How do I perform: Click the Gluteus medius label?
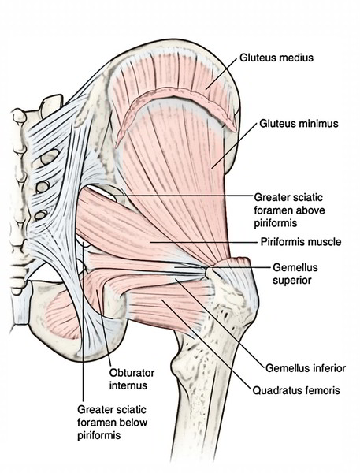(276, 58)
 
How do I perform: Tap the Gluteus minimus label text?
(299, 124)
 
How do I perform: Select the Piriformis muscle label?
(301, 242)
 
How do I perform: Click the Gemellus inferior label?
(306, 368)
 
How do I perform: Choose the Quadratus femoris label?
(296, 391)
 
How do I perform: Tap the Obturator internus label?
(132, 379)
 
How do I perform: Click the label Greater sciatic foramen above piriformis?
(289, 210)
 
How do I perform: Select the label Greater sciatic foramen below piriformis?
(112, 423)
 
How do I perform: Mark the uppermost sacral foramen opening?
(49, 157)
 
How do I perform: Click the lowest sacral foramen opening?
(40, 214)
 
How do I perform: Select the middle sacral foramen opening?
(43, 187)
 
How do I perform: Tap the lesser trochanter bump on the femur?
(181, 367)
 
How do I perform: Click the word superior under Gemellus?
(291, 281)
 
